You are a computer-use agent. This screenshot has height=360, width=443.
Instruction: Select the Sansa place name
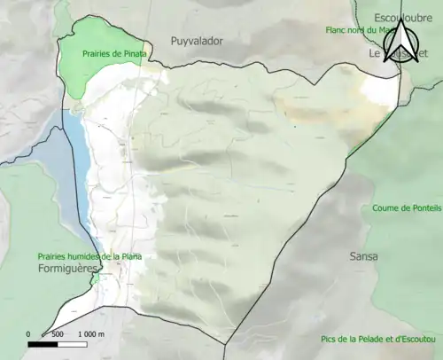pos(364,256)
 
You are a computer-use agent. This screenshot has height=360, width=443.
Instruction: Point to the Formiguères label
pos(66,267)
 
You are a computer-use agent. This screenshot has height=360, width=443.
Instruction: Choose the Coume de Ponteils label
pos(402,208)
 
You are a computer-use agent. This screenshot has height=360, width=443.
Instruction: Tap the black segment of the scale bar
pos(43,344)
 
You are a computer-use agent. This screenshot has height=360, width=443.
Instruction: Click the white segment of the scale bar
pos(73,344)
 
